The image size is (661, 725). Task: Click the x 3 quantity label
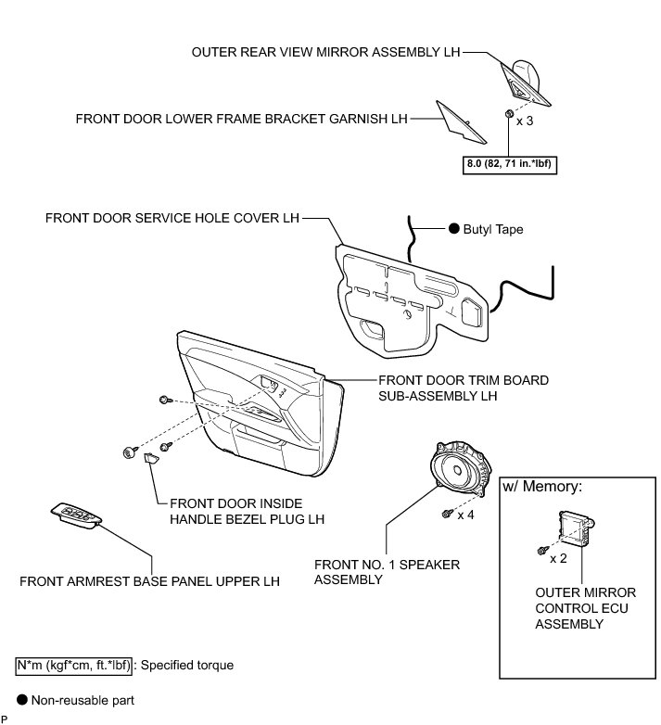(x=525, y=121)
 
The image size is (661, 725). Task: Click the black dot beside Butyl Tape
(x=453, y=229)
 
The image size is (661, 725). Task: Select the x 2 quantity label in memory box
(x=557, y=558)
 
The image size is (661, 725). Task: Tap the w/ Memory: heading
(x=542, y=487)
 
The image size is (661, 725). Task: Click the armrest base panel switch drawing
(x=78, y=515)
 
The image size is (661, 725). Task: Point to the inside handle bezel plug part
(x=150, y=460)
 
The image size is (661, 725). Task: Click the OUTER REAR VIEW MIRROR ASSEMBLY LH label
(x=325, y=53)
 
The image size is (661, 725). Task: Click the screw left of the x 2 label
(x=540, y=552)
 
